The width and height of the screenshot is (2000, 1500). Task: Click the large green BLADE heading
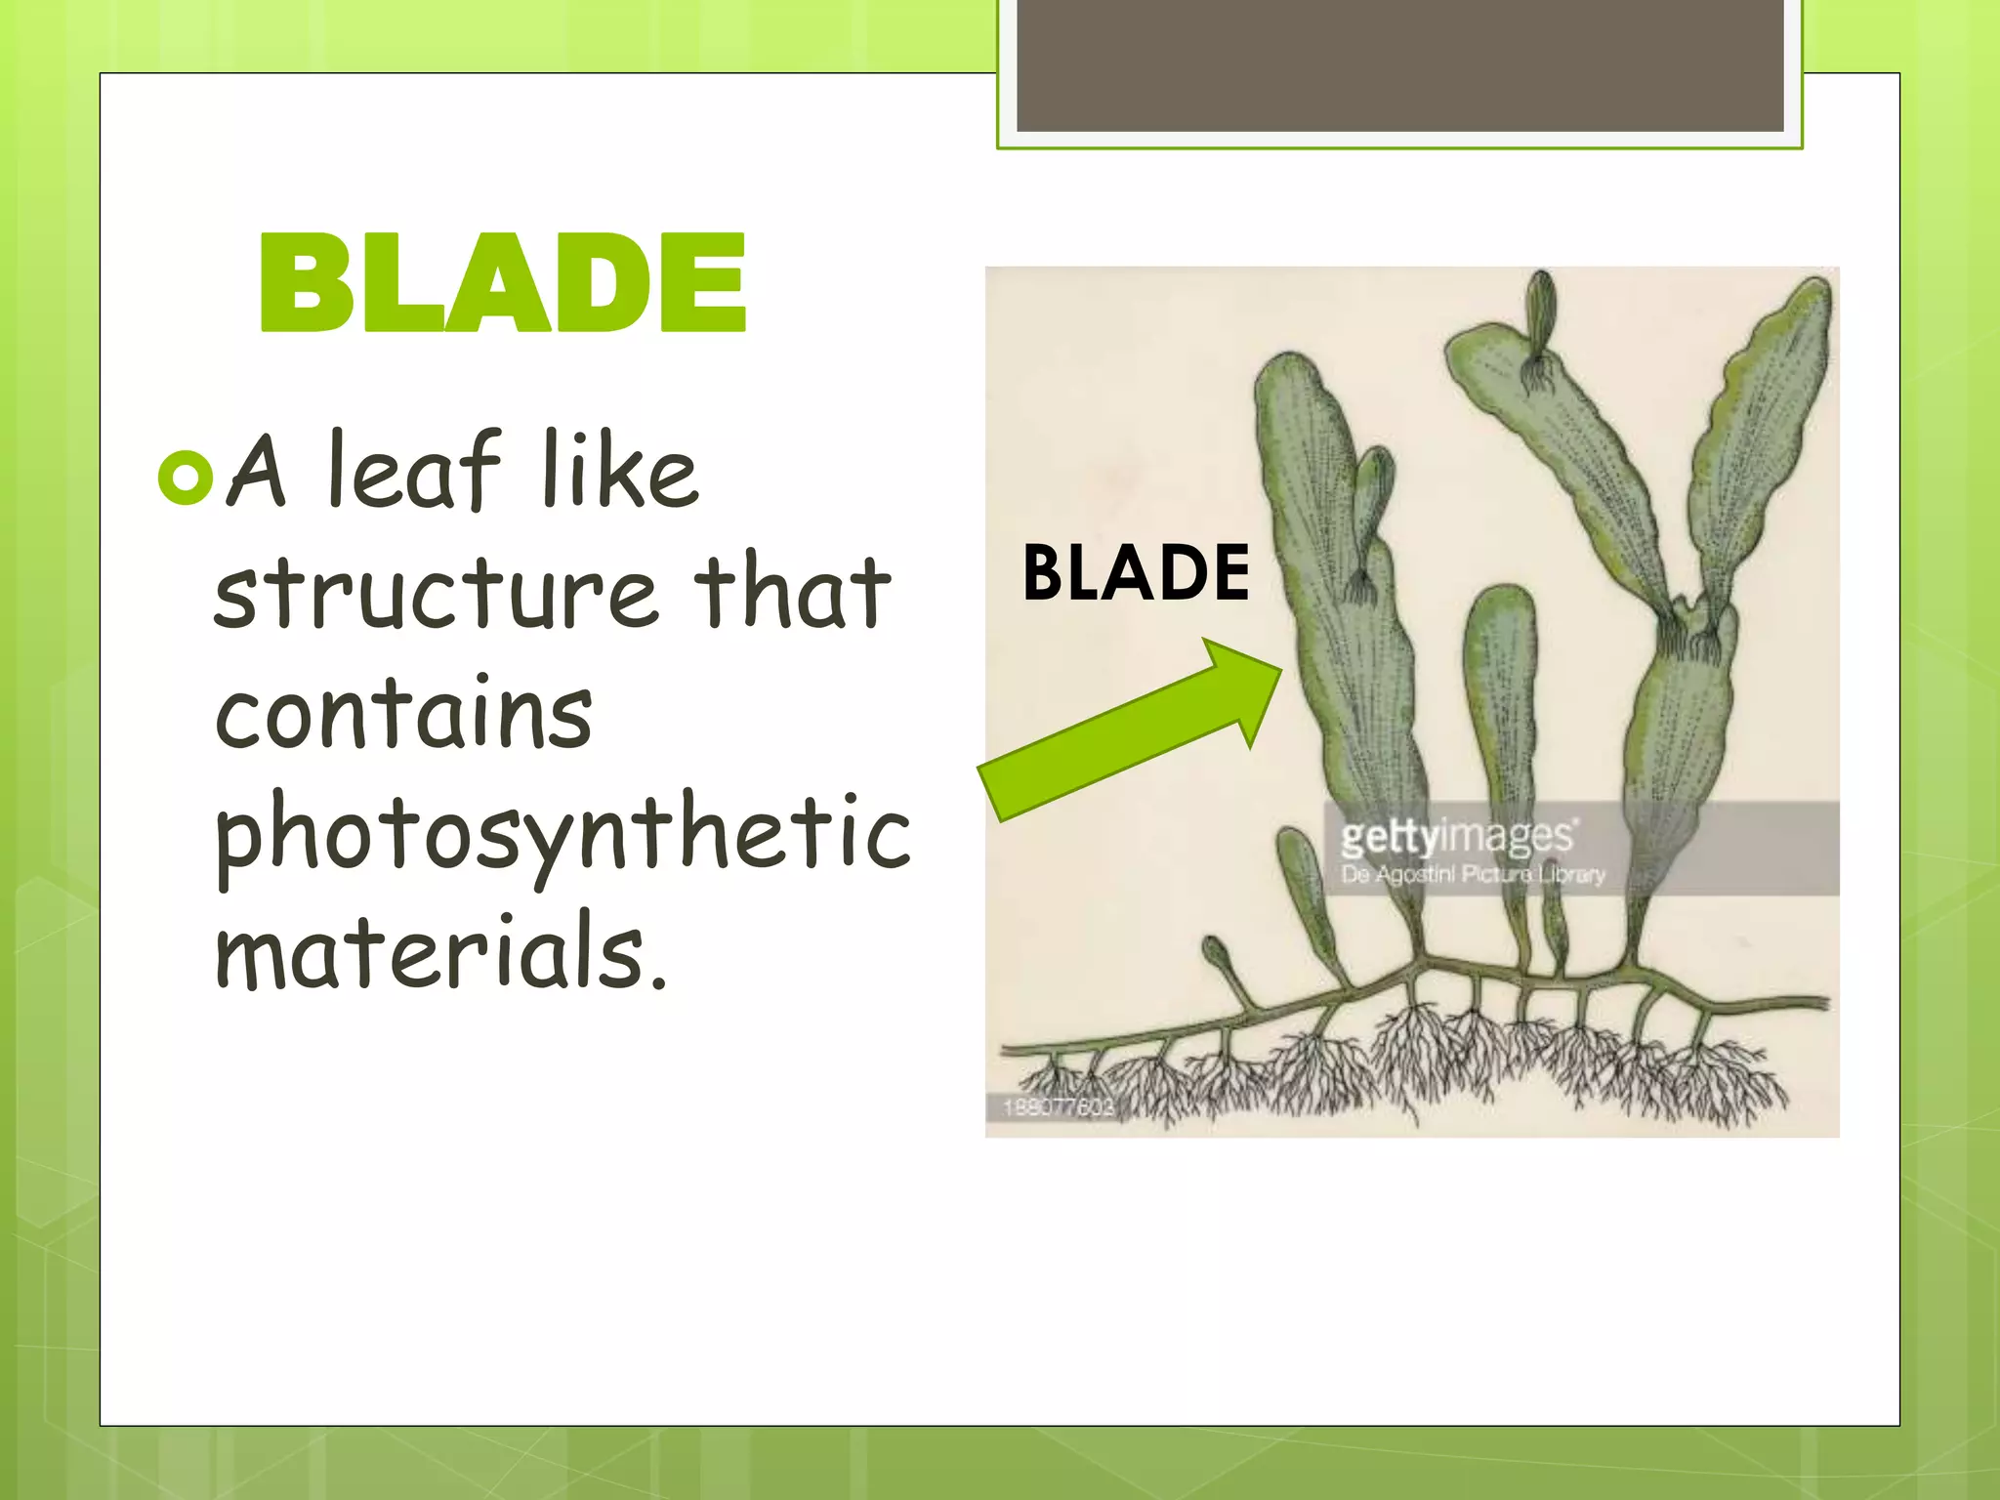coord(502,284)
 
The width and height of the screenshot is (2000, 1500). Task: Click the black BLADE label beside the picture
coord(1136,573)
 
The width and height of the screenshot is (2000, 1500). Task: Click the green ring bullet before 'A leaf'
coord(184,477)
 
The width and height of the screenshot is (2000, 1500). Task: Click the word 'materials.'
coord(441,951)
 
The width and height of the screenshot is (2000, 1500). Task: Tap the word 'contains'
coord(403,714)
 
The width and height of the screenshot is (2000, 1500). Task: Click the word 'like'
coord(620,473)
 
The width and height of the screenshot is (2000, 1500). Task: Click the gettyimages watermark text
coord(1456,837)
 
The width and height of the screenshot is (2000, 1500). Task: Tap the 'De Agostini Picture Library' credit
coord(1472,874)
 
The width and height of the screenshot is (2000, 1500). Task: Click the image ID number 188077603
coord(1058,1106)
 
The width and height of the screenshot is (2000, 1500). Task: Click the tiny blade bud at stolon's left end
coord(1217,951)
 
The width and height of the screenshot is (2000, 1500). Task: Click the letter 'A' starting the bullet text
coord(257,473)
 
